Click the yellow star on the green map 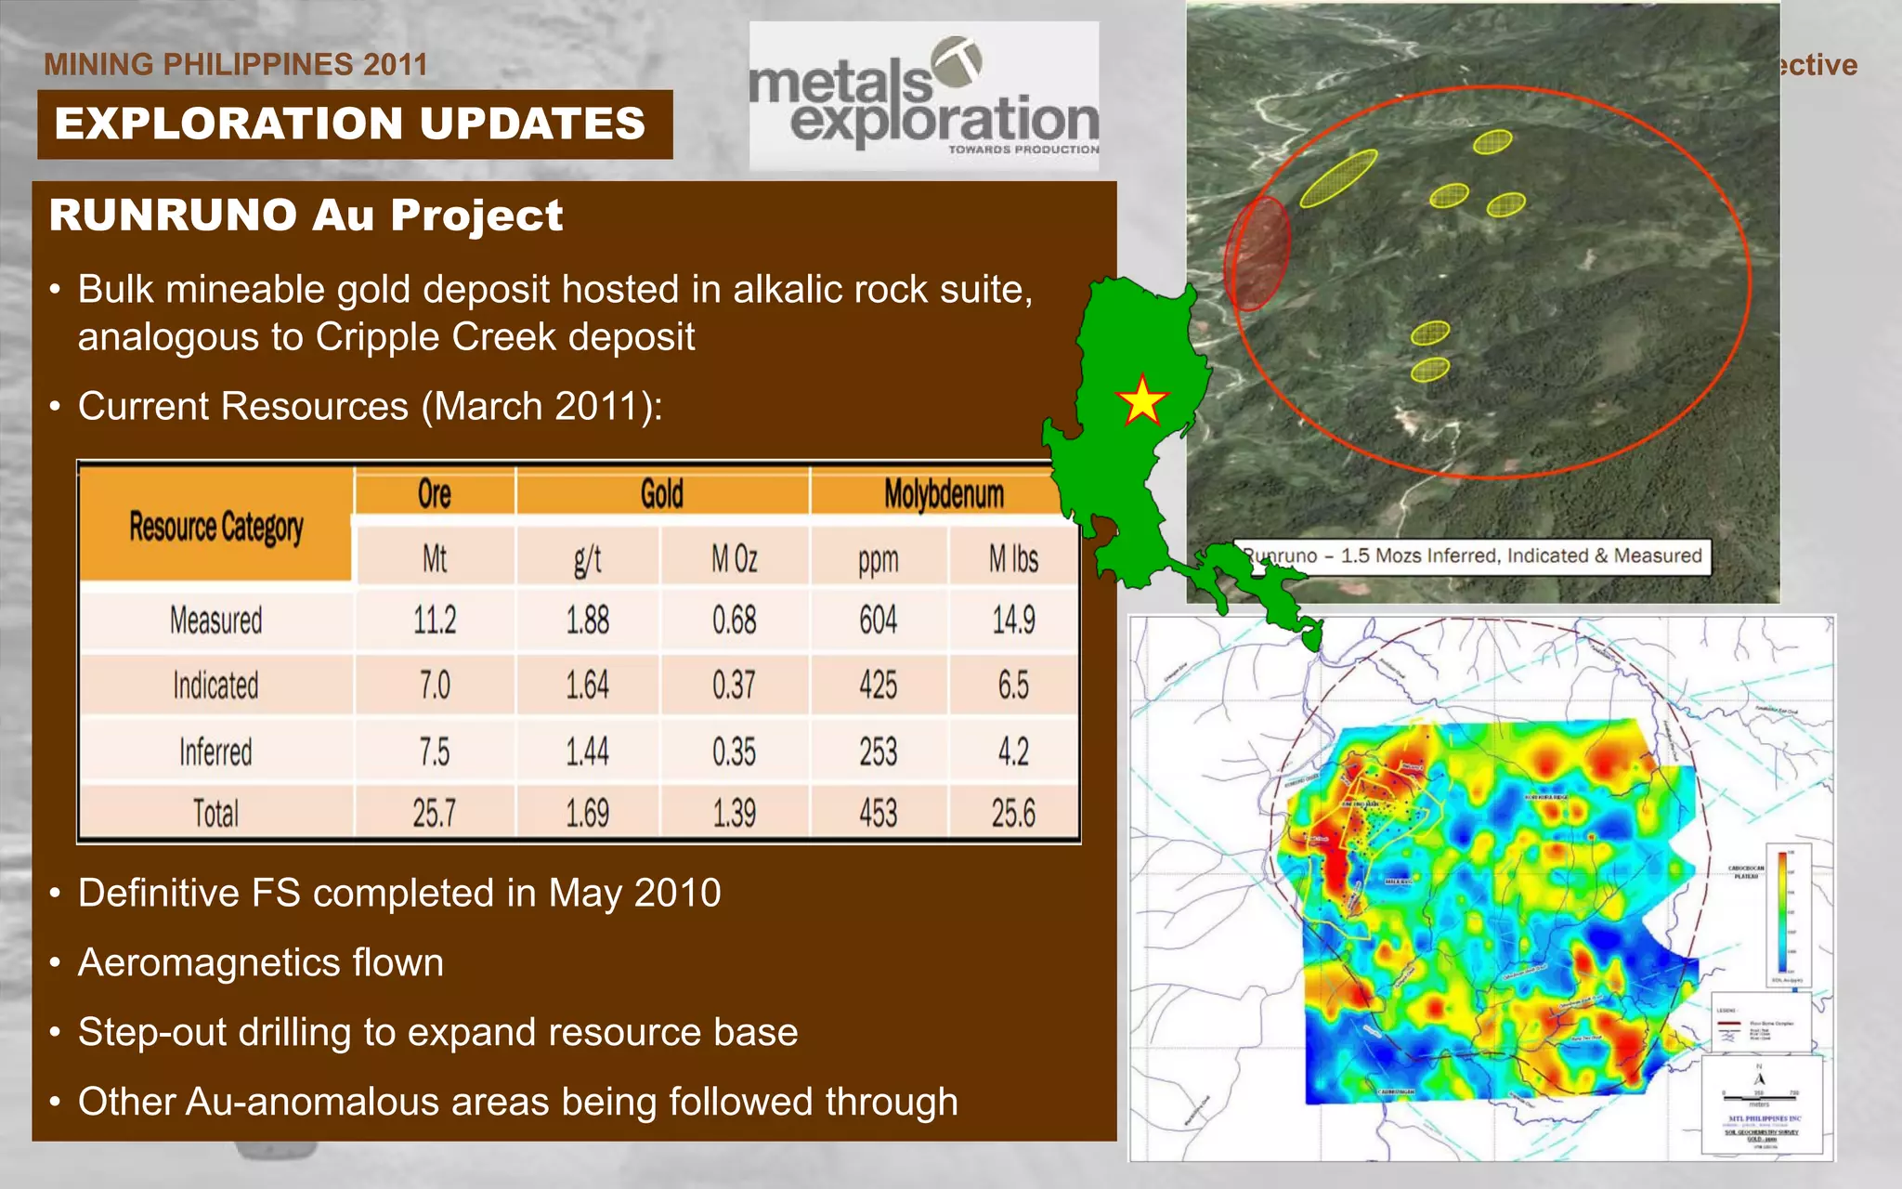[1141, 401]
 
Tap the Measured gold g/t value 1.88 [588, 620]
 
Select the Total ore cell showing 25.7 [434, 814]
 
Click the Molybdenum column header [944, 493]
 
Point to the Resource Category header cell [215, 527]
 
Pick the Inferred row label [215, 751]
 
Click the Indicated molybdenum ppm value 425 [878, 686]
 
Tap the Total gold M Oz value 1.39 [734, 814]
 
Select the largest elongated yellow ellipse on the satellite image [1338, 177]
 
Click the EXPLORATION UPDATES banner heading [351, 124]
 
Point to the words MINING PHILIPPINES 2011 [236, 64]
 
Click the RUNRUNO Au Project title [306, 216]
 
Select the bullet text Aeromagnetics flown [261, 962]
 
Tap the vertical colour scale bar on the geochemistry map [1782, 912]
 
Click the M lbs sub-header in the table [1013, 559]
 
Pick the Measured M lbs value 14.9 [1013, 620]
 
